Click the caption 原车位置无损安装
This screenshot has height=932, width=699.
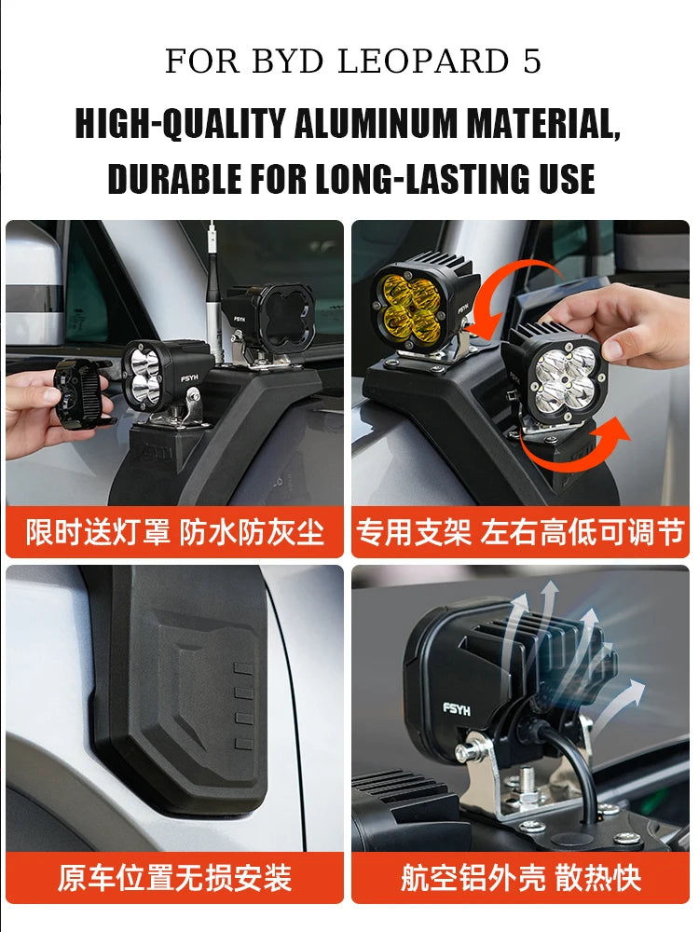point(174,877)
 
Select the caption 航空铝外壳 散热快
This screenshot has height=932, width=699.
point(520,877)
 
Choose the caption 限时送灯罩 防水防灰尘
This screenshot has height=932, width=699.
point(174,532)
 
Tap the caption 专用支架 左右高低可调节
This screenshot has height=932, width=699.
point(520,532)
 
